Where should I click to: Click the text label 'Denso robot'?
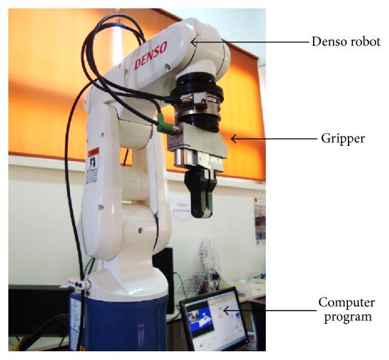click(x=345, y=42)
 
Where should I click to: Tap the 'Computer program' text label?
click(x=347, y=309)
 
